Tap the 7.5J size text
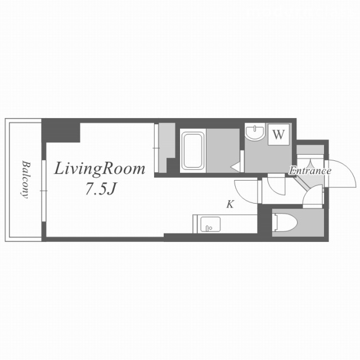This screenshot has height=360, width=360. coord(100,190)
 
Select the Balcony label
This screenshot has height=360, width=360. coord(26,179)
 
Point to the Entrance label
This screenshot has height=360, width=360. coord(310,170)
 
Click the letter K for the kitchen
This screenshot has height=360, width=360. coord(230,204)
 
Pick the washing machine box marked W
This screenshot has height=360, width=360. coord(278,134)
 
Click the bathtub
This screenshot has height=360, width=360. coord(193,151)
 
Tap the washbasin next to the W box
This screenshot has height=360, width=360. coord(255,132)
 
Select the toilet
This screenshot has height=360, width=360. coord(285,223)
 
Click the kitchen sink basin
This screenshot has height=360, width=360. coord(210,224)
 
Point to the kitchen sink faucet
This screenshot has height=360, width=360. coord(209,228)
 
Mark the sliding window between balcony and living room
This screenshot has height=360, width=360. coord(44,191)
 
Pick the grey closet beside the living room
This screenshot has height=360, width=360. coord(166,147)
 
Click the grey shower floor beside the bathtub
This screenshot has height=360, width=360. coord(223,151)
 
